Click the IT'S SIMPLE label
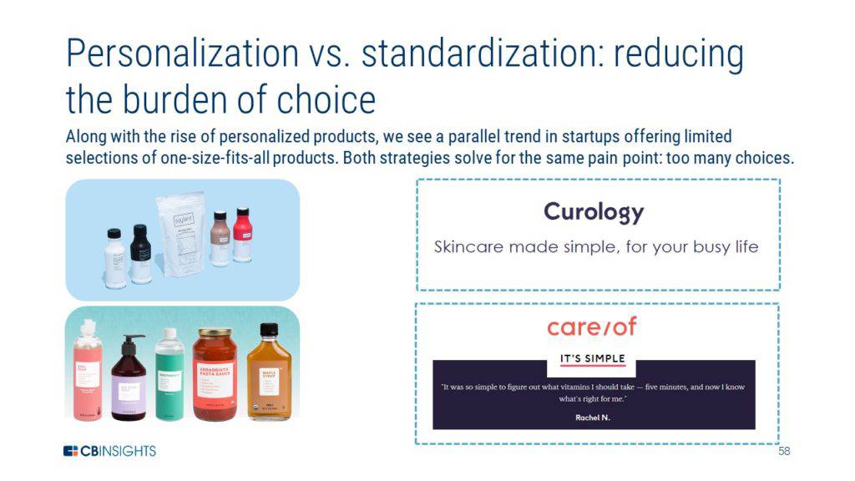[592, 359]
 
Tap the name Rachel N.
[593, 418]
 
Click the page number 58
[783, 452]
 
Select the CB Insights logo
[109, 451]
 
